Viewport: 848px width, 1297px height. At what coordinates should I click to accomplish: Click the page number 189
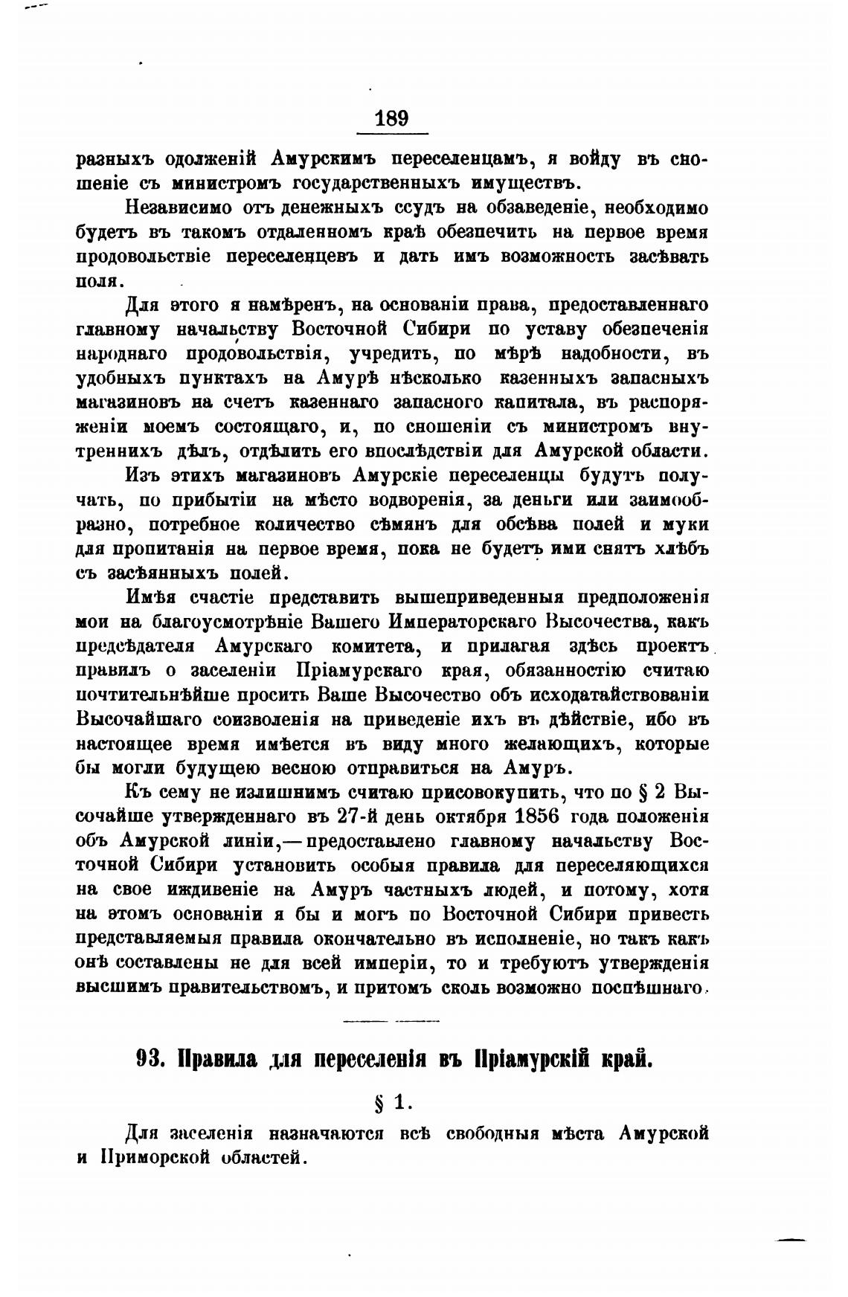392,118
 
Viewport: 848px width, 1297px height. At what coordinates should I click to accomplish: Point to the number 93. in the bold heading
151,1060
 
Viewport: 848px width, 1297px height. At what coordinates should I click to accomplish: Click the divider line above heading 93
391,1020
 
